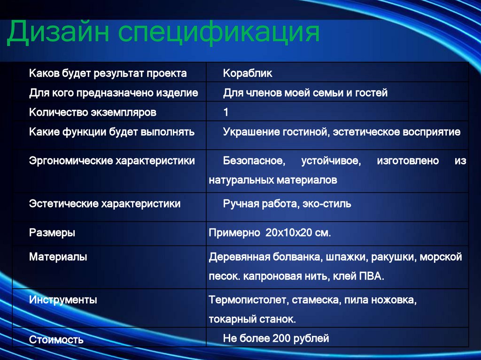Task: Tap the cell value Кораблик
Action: [x=248, y=74]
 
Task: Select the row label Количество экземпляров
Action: [x=93, y=113]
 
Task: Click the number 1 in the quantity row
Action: [x=226, y=113]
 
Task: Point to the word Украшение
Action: [x=251, y=132]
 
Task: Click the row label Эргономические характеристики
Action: [x=112, y=161]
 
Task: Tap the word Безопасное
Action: [x=254, y=161]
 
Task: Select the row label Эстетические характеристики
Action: [x=105, y=204]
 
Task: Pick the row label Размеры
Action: [x=52, y=232]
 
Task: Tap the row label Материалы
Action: [x=58, y=257]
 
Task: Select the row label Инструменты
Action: [x=63, y=300]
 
